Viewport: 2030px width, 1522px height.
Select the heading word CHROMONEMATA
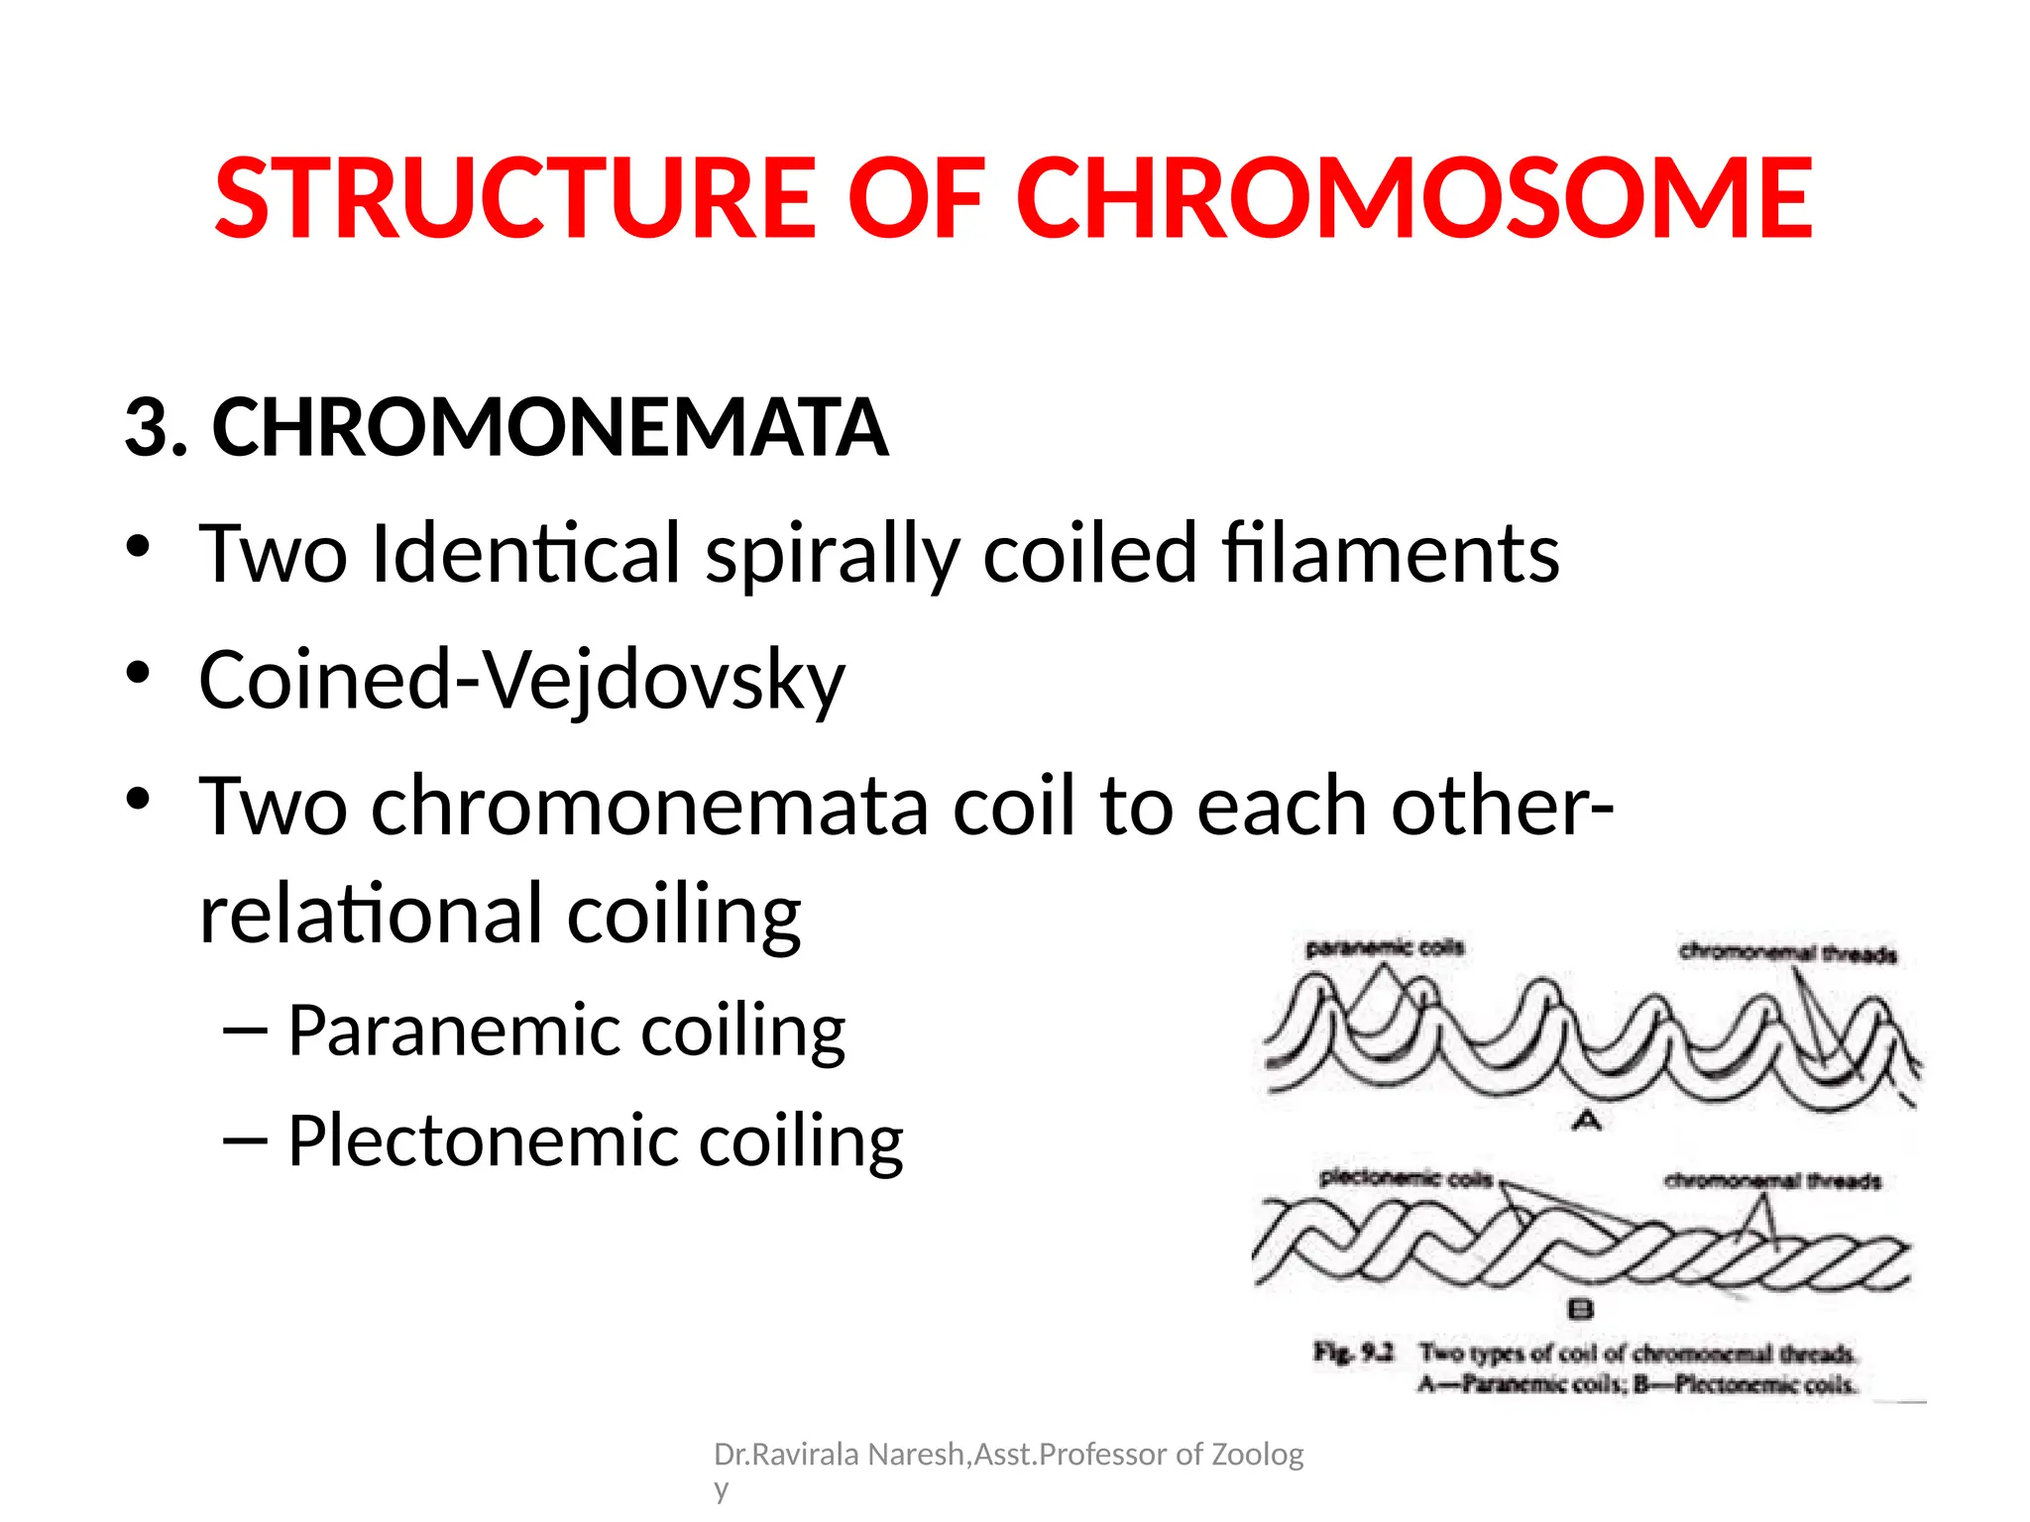coord(550,428)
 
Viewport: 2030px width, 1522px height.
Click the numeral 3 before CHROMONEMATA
coord(146,428)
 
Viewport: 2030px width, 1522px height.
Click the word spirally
coord(832,555)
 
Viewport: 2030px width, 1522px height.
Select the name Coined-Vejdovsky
coord(521,682)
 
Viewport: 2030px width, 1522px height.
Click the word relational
coord(372,914)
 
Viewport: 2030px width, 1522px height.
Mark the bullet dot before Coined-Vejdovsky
coord(138,673)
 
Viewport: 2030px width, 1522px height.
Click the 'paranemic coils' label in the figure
coord(1385,947)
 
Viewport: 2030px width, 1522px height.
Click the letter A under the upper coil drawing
coord(1587,1120)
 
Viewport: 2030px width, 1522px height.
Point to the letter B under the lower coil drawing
coord(1580,1309)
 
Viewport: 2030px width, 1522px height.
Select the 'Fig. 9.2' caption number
coord(1353,1352)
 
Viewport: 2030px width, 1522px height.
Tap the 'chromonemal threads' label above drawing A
coord(1787,953)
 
